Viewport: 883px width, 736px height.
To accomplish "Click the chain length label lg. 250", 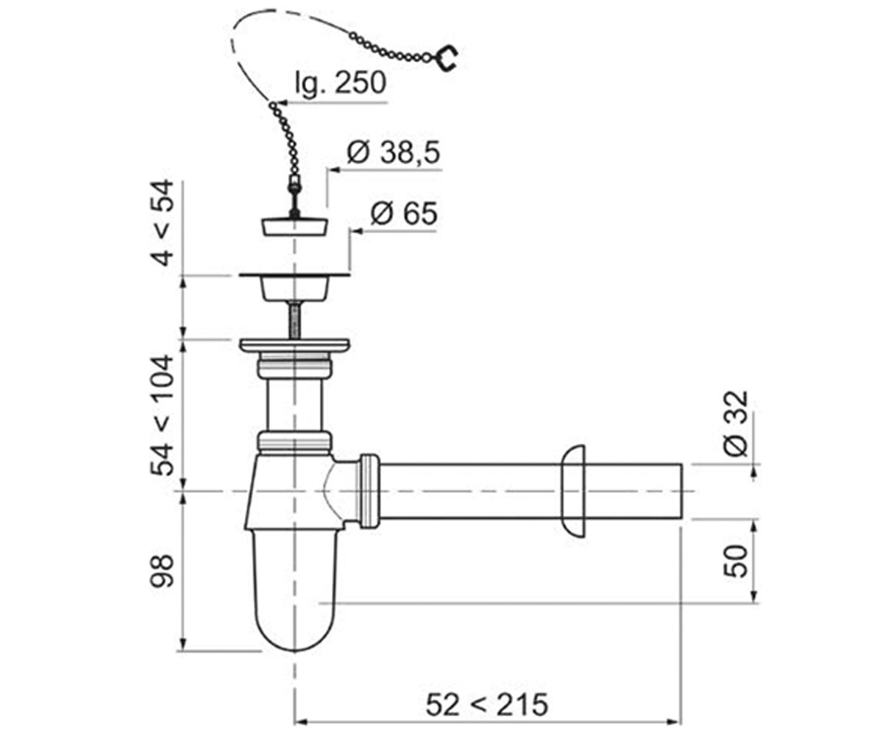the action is pos(341,84).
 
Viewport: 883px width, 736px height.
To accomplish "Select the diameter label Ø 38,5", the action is pos(394,152).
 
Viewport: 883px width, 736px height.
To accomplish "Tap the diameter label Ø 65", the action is pos(404,213).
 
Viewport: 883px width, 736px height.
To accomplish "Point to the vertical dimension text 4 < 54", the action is pos(162,223).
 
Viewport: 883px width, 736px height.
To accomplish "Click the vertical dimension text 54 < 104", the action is pos(162,415).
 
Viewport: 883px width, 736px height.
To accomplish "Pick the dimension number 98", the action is pos(162,571).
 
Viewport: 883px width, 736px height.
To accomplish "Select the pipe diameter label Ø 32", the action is pos(737,424).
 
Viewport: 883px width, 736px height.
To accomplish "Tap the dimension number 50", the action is pos(737,562).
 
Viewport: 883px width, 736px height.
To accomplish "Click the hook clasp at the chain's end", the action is pos(447,58).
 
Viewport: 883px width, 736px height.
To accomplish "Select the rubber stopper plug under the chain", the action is pos(295,227).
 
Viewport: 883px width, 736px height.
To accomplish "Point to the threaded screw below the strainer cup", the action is pos(295,319).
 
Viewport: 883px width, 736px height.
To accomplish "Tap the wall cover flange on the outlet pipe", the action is pos(574,492).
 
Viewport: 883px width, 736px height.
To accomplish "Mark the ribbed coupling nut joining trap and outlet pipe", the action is pos(369,492).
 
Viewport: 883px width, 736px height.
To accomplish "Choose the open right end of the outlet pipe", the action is pos(681,492).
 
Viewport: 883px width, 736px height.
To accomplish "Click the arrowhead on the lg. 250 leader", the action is pos(283,103).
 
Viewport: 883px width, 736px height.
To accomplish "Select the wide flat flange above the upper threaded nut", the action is pos(295,345).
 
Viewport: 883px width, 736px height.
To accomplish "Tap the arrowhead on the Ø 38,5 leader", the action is pos(336,170).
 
